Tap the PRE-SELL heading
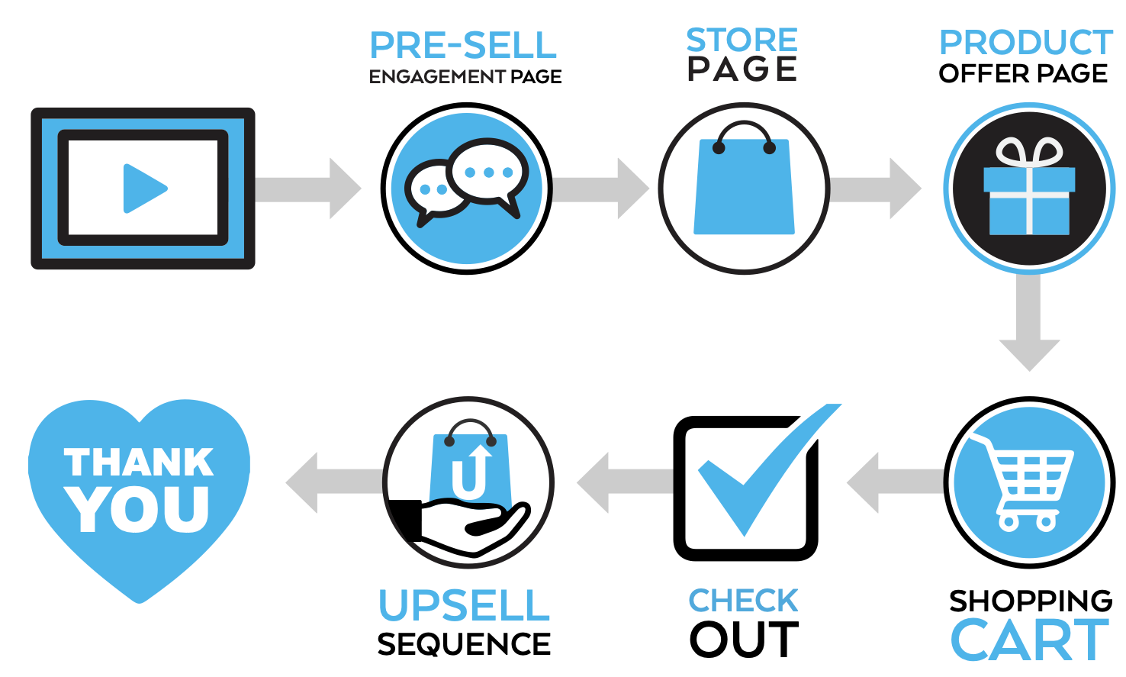(463, 45)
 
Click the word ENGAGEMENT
(437, 77)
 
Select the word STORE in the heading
(742, 40)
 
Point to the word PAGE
(742, 69)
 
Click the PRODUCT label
(1026, 42)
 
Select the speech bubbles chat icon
(466, 183)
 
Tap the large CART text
(1029, 640)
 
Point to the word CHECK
(743, 601)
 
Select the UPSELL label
(464, 604)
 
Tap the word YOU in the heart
(138, 508)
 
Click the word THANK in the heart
(139, 463)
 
